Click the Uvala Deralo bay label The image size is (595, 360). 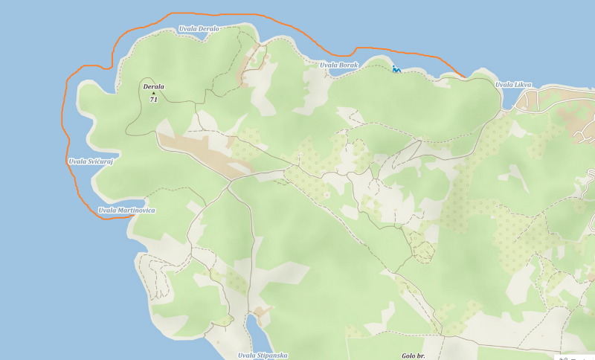coord(199,29)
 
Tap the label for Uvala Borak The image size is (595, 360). coord(339,65)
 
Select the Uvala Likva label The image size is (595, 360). coord(514,85)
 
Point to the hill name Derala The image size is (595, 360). coord(153,87)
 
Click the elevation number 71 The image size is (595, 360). coord(153,100)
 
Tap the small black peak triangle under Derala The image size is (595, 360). coord(153,94)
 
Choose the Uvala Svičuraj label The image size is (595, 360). coord(90,161)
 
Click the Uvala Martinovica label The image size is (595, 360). coord(127,210)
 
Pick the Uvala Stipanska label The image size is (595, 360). coord(263,356)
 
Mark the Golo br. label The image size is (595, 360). coord(413,356)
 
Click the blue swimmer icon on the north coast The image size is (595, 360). coord(396,69)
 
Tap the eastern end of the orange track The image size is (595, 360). coord(466,77)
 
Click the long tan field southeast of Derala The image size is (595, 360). coord(201,153)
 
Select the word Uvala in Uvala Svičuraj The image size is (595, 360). coord(77,161)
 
